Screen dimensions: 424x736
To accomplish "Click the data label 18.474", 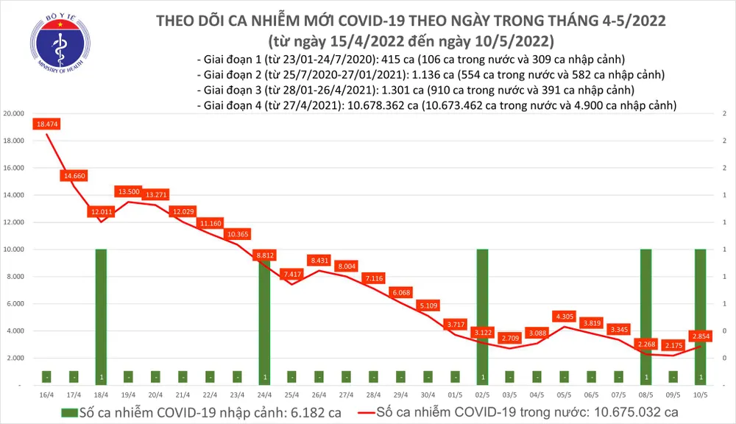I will click(x=46, y=124).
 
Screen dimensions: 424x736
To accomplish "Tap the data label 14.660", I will click(x=74, y=176).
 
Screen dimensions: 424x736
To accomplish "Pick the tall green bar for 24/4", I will click(x=263, y=317).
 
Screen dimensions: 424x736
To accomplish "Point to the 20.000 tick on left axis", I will click(x=15, y=114).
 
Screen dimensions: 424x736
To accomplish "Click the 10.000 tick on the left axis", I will click(x=15, y=250).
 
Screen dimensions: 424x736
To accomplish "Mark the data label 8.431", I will click(x=319, y=260).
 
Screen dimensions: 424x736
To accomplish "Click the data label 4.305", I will click(x=563, y=317).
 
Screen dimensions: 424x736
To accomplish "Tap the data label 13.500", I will click(x=128, y=191).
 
